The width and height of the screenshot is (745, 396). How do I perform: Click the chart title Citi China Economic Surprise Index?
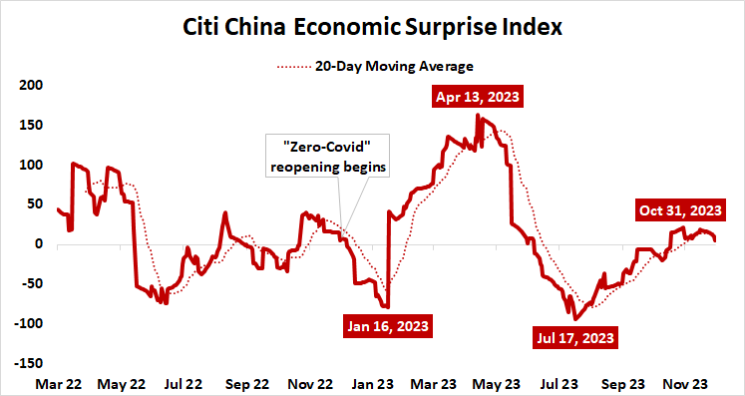pyautogui.click(x=372, y=26)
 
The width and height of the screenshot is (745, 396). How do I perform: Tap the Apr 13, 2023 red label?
pyautogui.click(x=477, y=98)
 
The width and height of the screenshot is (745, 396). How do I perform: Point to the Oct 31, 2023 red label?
pyautogui.click(x=679, y=210)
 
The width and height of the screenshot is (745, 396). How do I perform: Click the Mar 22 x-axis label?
pyautogui.click(x=58, y=382)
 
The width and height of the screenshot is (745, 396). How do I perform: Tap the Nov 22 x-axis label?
pyautogui.click(x=310, y=382)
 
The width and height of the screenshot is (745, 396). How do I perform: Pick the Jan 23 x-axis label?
pyautogui.click(x=373, y=382)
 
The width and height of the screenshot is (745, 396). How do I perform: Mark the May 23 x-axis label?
pyautogui.click(x=498, y=382)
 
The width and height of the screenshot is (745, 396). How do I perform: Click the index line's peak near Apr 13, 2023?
pyautogui.click(x=479, y=116)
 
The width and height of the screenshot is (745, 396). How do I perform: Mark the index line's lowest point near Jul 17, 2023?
pyautogui.click(x=575, y=319)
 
